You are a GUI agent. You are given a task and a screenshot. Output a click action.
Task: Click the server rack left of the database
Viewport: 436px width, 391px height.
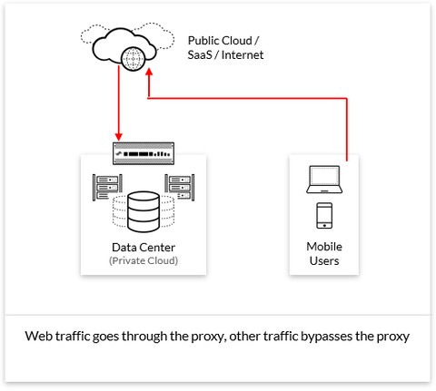pyautogui.click(x=107, y=187)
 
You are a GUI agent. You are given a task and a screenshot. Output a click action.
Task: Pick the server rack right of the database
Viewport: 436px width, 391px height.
pyautogui.click(x=179, y=187)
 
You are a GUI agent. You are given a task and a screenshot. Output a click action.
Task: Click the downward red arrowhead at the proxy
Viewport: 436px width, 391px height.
pyautogui.click(x=119, y=139)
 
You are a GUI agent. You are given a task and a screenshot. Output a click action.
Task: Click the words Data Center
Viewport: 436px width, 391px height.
pyautogui.click(x=144, y=248)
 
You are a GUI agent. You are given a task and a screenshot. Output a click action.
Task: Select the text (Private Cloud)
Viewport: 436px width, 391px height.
pyautogui.click(x=144, y=261)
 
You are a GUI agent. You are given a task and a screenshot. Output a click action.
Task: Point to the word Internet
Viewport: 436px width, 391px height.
pyautogui.click(x=243, y=57)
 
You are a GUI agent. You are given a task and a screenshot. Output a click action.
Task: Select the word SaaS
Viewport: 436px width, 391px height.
pyautogui.click(x=200, y=57)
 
